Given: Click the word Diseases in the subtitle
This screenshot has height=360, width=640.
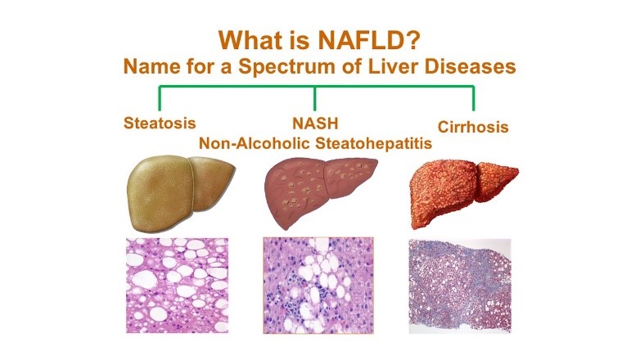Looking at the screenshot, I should pyautogui.click(x=473, y=66).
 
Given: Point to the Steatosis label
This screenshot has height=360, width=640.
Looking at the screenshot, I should pyautogui.click(x=160, y=124).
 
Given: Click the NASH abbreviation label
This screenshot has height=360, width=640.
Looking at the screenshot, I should pyautogui.click(x=315, y=125).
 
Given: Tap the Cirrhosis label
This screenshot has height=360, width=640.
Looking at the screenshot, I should pyautogui.click(x=473, y=127).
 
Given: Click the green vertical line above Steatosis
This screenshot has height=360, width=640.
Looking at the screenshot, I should pyautogui.click(x=160, y=99).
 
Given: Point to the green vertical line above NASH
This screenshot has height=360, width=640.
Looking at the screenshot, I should pyautogui.click(x=315, y=99).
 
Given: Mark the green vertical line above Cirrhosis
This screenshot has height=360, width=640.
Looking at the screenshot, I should pyautogui.click(x=473, y=99).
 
